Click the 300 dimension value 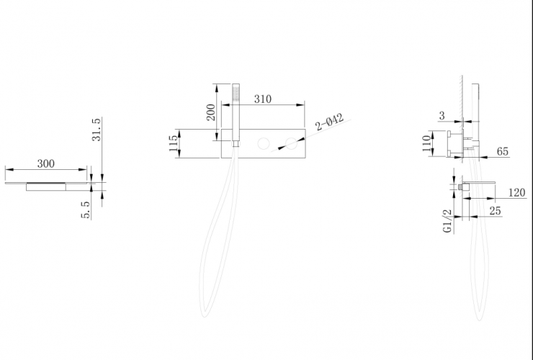tap(45, 163)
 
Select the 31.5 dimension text tap(97, 130)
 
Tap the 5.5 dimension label tap(86, 210)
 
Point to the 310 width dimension tap(263, 99)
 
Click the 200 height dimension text tap(211, 112)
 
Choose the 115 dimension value tap(174, 143)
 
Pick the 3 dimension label tap(442, 116)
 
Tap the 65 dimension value tap(503, 151)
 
